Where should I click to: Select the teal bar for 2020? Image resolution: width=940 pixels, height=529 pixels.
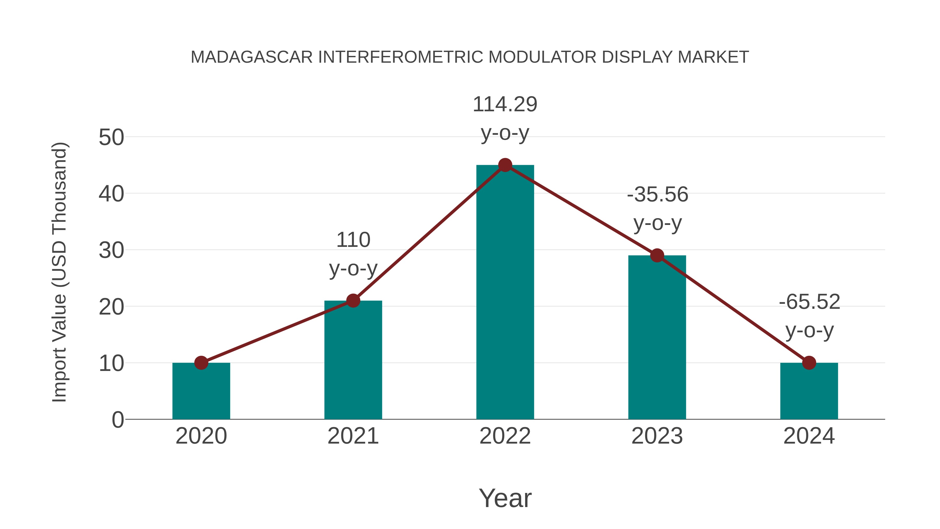pyautogui.click(x=201, y=391)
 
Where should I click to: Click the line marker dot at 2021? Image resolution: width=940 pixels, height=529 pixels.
pyautogui.click(x=353, y=301)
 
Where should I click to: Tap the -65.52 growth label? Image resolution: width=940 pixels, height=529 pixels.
pyautogui.click(x=809, y=316)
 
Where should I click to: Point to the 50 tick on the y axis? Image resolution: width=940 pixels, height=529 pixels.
pyautogui.click(x=111, y=138)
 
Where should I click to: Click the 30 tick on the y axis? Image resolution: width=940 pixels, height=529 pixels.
pyautogui.click(x=111, y=251)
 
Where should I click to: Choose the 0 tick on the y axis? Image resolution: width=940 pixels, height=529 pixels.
pyautogui.click(x=118, y=420)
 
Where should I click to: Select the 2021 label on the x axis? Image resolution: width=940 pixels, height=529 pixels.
pyautogui.click(x=353, y=436)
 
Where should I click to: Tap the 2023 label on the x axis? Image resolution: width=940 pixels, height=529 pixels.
pyautogui.click(x=657, y=436)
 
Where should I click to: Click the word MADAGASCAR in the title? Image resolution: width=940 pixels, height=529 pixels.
pyautogui.click(x=252, y=57)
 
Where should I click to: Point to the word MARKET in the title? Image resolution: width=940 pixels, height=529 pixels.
pyautogui.click(x=713, y=57)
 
